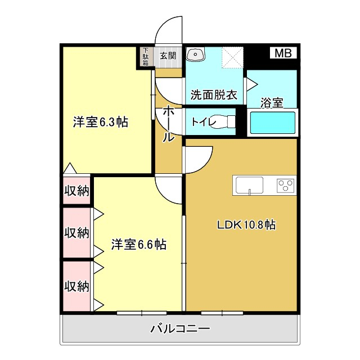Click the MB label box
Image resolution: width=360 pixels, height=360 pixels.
283,54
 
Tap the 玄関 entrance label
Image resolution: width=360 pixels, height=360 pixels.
168,56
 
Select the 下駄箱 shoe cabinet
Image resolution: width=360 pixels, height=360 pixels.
146,57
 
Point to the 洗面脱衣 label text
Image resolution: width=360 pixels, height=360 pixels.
213,94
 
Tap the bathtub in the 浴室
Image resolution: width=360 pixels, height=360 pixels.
272,123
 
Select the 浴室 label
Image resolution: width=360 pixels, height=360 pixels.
272,103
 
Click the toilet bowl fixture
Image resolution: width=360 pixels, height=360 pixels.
226,121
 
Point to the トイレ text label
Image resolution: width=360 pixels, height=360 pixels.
201,121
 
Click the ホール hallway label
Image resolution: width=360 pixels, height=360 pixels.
168,124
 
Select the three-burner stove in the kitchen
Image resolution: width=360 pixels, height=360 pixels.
286,184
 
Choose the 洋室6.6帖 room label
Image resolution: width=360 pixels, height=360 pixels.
138,245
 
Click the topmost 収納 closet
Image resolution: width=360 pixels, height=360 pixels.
76,191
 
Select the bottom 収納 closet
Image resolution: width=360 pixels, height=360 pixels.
76,286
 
